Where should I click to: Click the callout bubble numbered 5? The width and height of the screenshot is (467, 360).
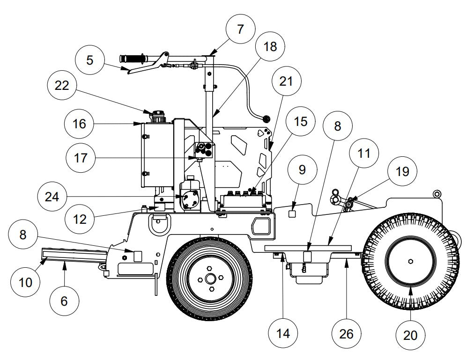tap(89, 60)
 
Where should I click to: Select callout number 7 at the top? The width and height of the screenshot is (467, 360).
tap(240, 29)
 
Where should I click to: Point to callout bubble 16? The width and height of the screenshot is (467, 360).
tap(79, 124)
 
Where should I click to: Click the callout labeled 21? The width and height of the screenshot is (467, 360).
tap(286, 81)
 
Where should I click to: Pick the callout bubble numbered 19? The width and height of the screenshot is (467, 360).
tap(402, 172)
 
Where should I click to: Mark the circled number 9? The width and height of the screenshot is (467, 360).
tap(302, 169)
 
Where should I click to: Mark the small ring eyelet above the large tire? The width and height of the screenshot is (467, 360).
tap(437, 193)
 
